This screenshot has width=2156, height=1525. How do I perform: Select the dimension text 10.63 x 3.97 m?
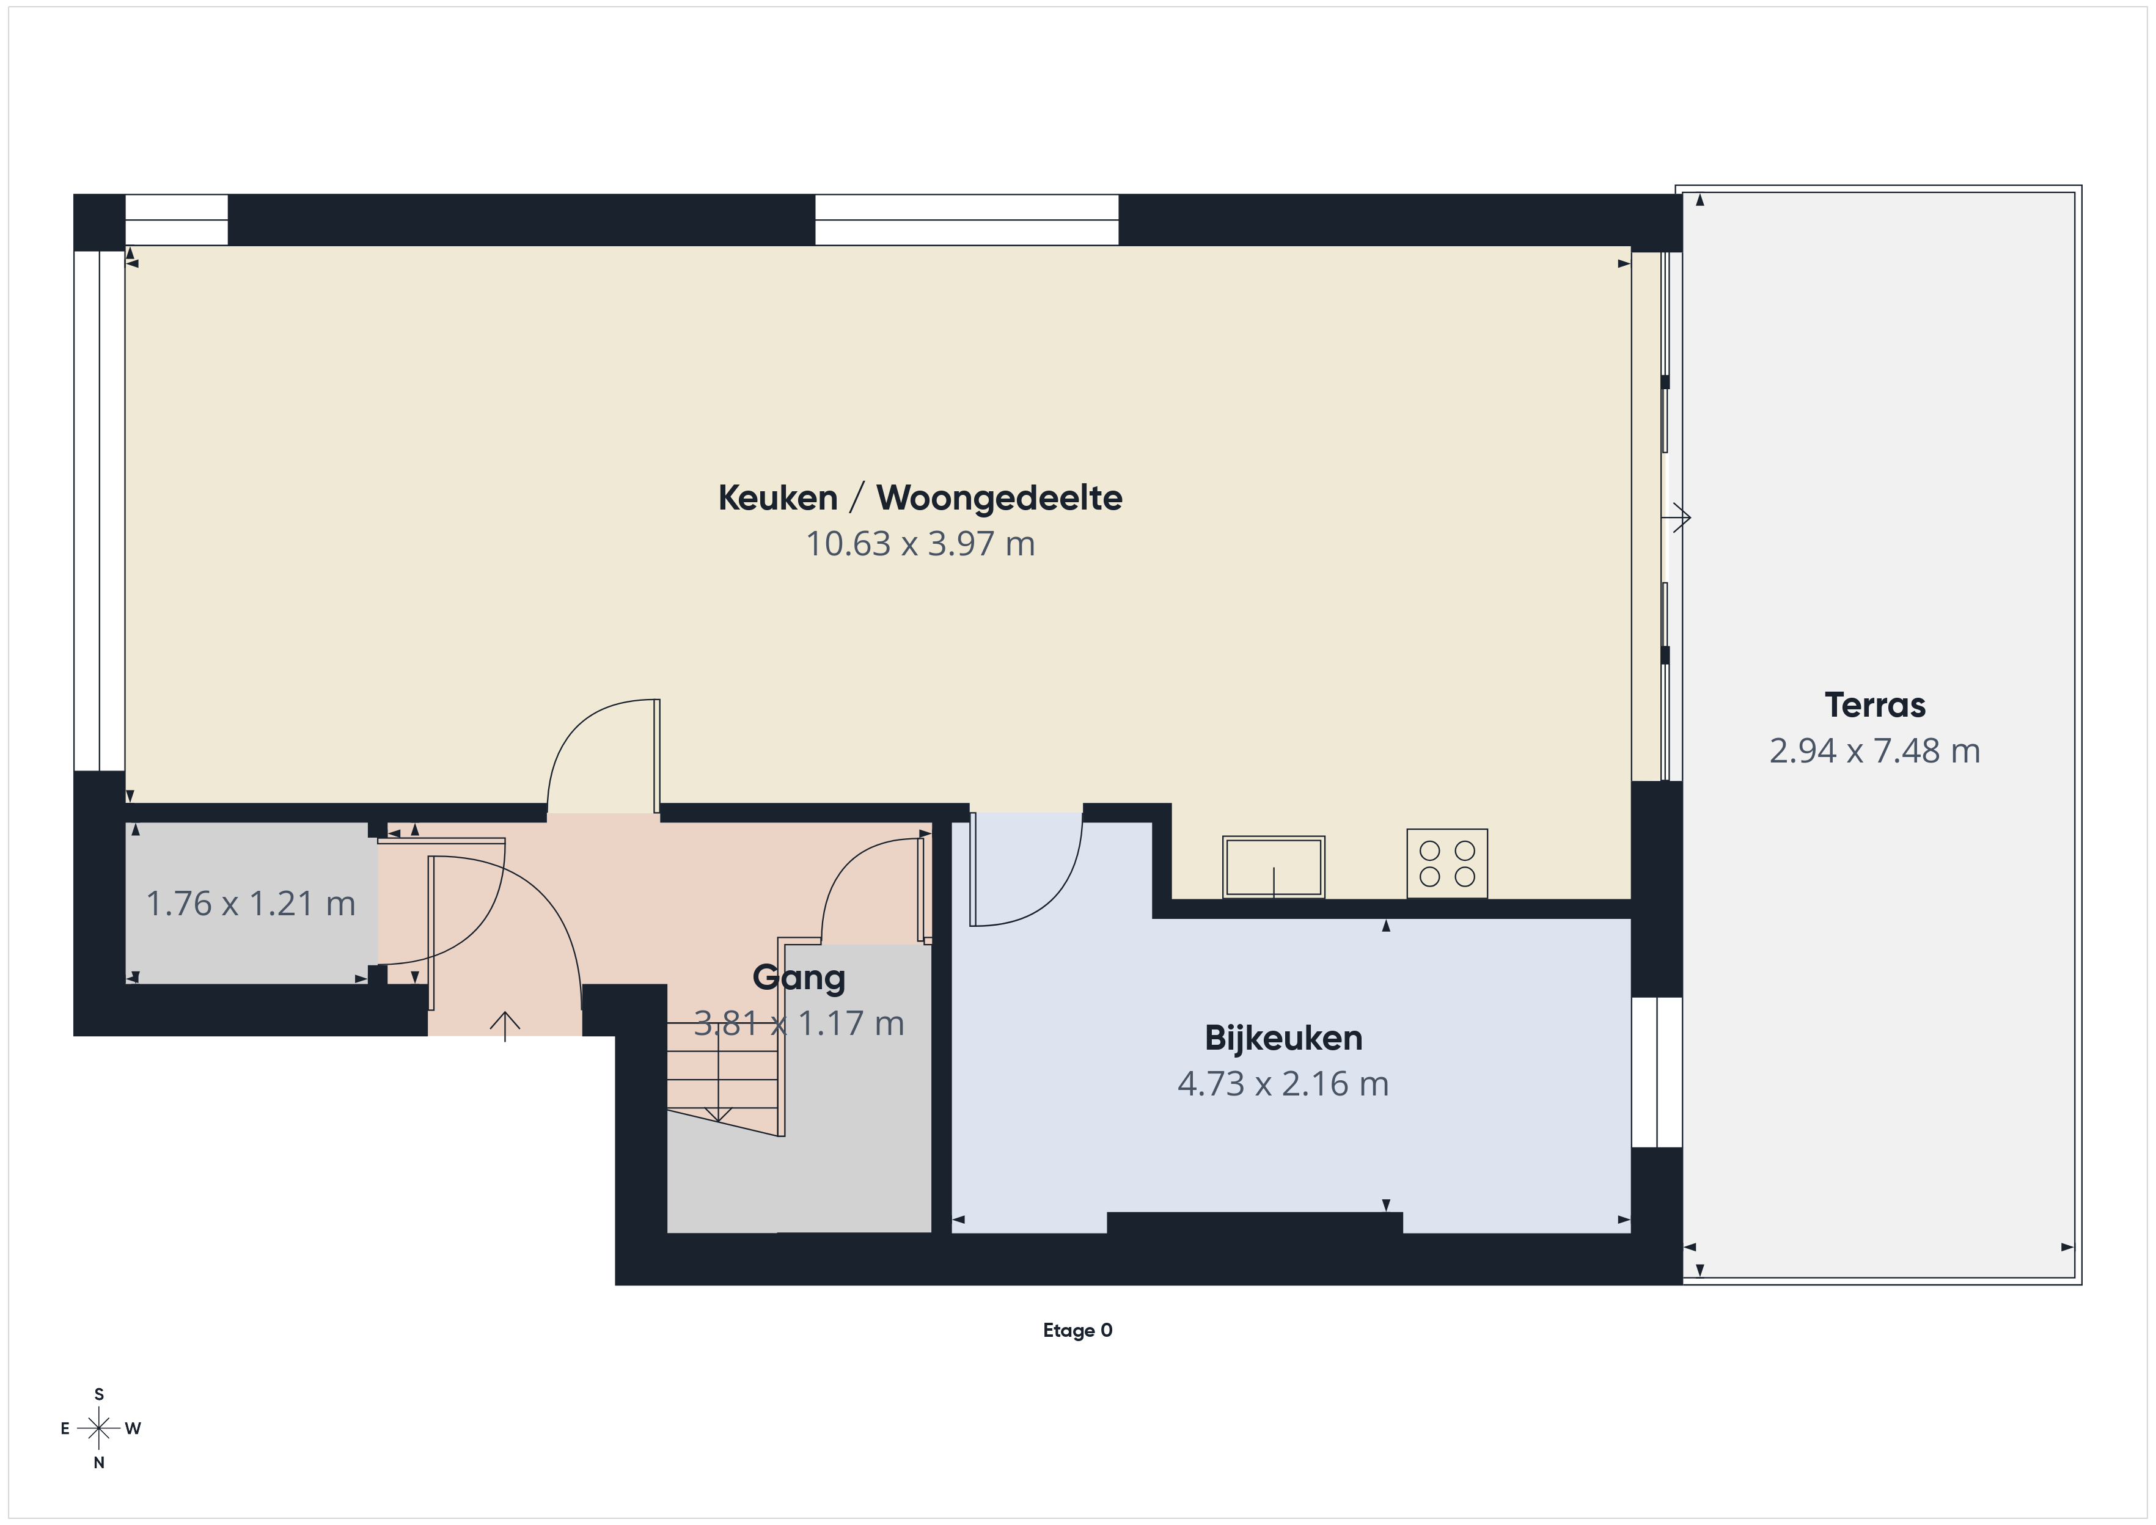pos(920,544)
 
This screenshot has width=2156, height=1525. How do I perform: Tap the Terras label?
pos(1874,705)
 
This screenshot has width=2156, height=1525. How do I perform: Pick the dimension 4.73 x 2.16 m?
pos(1283,1084)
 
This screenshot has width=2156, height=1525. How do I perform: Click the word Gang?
pos(799,978)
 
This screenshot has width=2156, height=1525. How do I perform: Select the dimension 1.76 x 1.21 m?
pos(251,904)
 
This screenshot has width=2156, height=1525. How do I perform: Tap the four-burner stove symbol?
pos(1447,863)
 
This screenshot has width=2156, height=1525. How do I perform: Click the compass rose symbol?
pos(98,1428)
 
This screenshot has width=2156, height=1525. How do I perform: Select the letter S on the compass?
pos(98,1394)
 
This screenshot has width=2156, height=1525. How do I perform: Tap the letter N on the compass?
pos(98,1462)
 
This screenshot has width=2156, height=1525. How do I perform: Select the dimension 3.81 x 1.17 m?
pos(799,1023)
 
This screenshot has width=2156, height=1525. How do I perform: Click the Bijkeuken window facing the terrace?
pos(1657,1072)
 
